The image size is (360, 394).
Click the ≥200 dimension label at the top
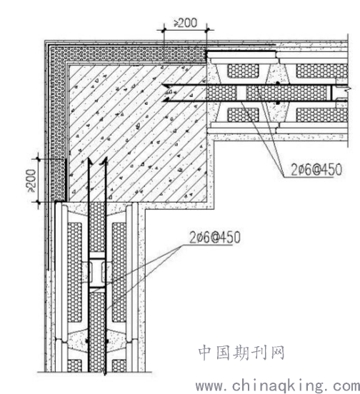click(185, 23)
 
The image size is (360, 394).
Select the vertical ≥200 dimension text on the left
click(31, 181)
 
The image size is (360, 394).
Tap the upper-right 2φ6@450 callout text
click(316, 170)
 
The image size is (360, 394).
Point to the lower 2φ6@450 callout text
click(215, 237)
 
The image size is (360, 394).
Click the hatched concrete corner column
click(138, 133)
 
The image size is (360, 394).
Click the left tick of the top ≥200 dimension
click(164, 30)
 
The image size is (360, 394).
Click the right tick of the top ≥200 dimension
click(207, 30)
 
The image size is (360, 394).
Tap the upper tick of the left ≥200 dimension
click(39, 158)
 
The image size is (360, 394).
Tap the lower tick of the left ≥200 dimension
click(39, 202)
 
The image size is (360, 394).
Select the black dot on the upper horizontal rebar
click(278, 84)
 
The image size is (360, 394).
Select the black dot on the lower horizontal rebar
click(278, 103)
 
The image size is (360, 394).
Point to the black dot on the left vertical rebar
click(87, 341)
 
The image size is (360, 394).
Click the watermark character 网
click(277, 353)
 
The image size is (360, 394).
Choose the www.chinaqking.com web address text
click(278, 385)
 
